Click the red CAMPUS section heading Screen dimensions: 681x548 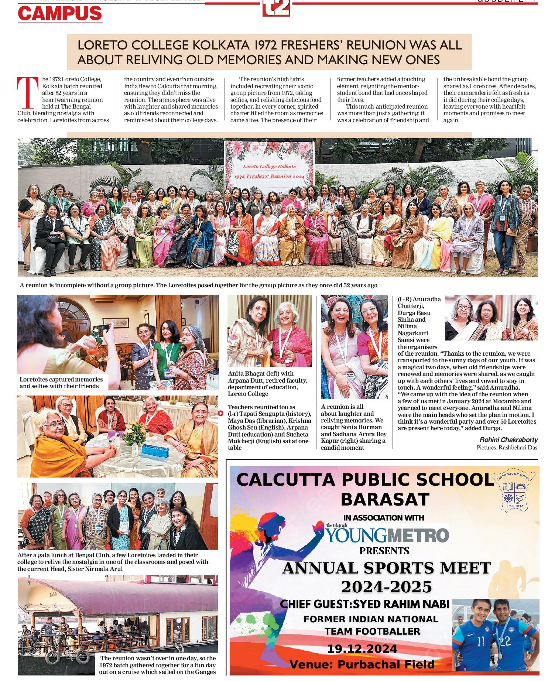tap(60, 13)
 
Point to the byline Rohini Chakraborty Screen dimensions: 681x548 tap(508, 440)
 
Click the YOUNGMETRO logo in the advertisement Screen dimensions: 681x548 tap(387, 535)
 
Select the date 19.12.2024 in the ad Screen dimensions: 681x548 tap(362, 649)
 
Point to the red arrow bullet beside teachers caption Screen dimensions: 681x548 tap(221, 413)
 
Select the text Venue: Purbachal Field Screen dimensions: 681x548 tap(362, 665)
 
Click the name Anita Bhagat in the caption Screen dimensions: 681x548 tap(246, 374)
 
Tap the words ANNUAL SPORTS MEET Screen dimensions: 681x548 tap(386, 568)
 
